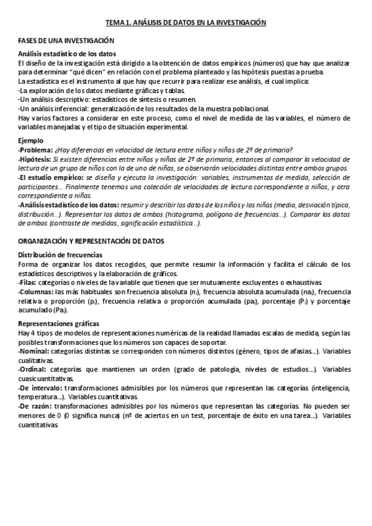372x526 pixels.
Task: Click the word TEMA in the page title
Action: (x=115, y=22)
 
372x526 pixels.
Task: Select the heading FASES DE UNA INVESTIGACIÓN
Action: (x=66, y=40)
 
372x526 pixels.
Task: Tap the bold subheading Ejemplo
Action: (x=31, y=141)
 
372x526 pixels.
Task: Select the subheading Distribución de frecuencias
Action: (x=60, y=255)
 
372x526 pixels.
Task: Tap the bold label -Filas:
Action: (x=29, y=282)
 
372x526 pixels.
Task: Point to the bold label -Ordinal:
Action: (x=34, y=369)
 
